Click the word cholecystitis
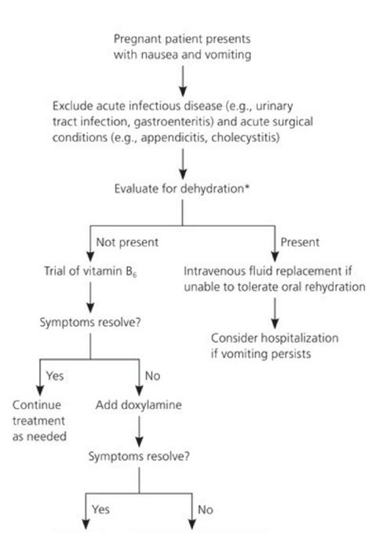[x=245, y=137]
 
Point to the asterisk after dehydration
[x=246, y=187]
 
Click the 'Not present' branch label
[x=127, y=243]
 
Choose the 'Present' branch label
[x=300, y=243]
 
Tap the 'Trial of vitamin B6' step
[x=90, y=272]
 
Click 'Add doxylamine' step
[x=138, y=405]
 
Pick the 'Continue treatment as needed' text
[x=39, y=421]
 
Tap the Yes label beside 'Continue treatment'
[x=55, y=376]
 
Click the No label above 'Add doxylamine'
[x=152, y=376]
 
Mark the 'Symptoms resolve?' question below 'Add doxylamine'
[x=139, y=456]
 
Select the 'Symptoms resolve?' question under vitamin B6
[x=90, y=323]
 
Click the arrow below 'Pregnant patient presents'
[x=183, y=82]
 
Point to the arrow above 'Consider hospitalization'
[x=275, y=313]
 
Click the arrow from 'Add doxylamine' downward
[x=139, y=432]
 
